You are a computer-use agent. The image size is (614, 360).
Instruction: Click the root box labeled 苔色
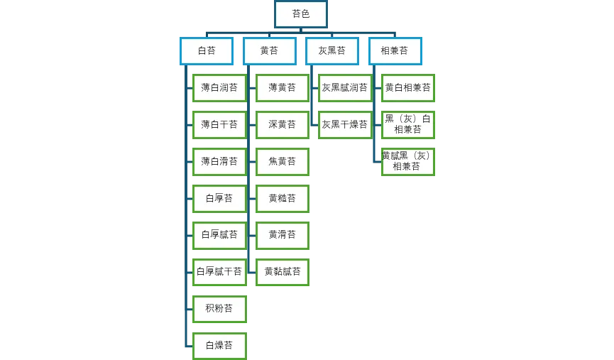click(x=301, y=14)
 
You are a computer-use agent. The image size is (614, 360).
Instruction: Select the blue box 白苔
click(x=206, y=51)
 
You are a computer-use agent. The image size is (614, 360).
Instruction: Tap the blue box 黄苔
click(x=269, y=51)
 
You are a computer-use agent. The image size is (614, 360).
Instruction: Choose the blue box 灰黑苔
click(x=332, y=51)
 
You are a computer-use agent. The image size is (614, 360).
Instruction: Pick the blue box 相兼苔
click(x=395, y=51)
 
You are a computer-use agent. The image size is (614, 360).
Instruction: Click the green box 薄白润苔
click(x=219, y=88)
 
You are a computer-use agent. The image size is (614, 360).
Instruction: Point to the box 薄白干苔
click(x=219, y=125)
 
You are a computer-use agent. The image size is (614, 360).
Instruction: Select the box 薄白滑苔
click(x=219, y=161)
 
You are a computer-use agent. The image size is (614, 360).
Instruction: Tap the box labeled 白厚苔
click(x=219, y=198)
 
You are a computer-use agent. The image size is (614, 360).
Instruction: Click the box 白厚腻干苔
click(x=219, y=271)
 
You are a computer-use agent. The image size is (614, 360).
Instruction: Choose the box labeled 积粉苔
click(x=219, y=308)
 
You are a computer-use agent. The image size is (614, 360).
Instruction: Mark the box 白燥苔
click(x=219, y=345)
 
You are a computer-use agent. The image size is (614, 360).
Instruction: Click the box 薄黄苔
click(x=283, y=88)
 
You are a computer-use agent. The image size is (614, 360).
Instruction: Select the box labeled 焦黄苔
click(x=283, y=161)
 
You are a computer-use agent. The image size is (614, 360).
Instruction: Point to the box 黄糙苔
click(x=283, y=198)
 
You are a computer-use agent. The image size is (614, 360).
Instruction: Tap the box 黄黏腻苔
click(x=283, y=271)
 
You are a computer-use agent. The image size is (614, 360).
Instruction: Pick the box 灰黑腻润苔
click(x=345, y=88)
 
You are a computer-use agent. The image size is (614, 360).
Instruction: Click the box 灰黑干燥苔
click(x=345, y=125)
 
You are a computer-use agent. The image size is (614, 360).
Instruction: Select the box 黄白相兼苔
click(x=408, y=88)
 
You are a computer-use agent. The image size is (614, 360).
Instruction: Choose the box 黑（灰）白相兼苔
click(x=408, y=125)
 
